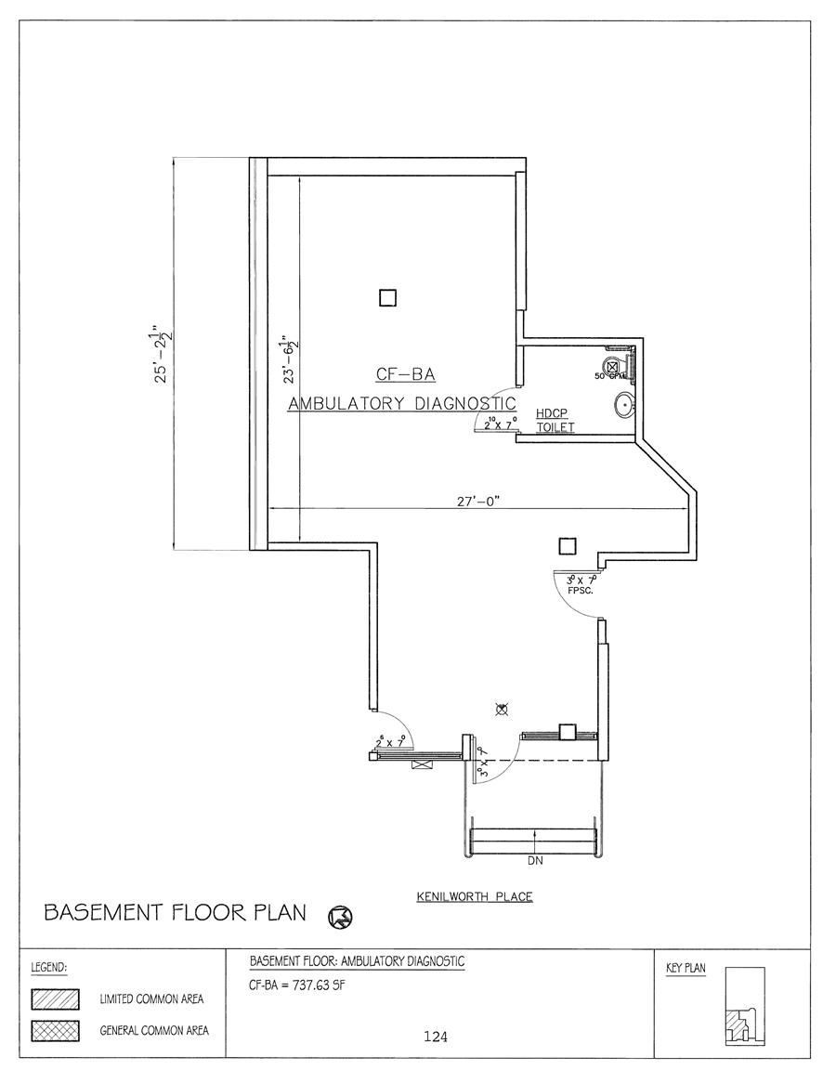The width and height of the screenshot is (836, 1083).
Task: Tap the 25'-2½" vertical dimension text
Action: pyautogui.click(x=166, y=356)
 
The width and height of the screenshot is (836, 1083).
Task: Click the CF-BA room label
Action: pyautogui.click(x=405, y=375)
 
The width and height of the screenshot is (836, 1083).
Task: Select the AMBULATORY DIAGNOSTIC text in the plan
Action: pyautogui.click(x=401, y=404)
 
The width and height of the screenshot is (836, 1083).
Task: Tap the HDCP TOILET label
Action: pyautogui.click(x=555, y=421)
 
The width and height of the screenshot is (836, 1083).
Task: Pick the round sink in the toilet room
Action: pyautogui.click(x=624, y=405)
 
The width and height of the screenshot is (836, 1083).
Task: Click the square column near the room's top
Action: pyautogui.click(x=388, y=297)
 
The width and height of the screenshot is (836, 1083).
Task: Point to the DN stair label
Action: pyautogui.click(x=534, y=861)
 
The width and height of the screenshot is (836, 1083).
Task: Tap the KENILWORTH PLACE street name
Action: pyautogui.click(x=474, y=897)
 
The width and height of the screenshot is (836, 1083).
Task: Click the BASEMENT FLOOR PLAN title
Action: pyautogui.click(x=175, y=913)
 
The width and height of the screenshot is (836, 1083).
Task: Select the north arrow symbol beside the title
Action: pyautogui.click(x=340, y=918)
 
